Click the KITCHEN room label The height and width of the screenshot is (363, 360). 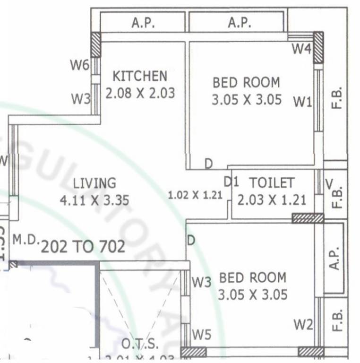click(x=139, y=76)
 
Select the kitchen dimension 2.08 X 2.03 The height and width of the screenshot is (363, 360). click(x=140, y=93)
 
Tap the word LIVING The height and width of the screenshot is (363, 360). click(x=94, y=183)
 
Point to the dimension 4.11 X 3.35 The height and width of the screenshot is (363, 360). click(x=94, y=200)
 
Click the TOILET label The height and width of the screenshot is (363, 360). click(x=272, y=183)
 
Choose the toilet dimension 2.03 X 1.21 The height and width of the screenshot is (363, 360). click(x=272, y=200)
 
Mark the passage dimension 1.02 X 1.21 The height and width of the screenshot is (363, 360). click(x=196, y=195)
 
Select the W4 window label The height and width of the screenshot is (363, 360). click(x=300, y=48)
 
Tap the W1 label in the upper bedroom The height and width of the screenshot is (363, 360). click(x=302, y=101)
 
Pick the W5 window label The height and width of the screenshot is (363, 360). click(x=202, y=335)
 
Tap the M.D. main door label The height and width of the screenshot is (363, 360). click(x=25, y=240)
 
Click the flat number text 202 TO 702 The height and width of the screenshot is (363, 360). click(x=83, y=246)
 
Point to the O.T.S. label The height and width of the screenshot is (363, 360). click(x=140, y=344)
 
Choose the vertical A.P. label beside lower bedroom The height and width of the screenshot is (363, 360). click(x=334, y=258)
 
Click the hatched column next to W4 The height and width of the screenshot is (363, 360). click(x=319, y=47)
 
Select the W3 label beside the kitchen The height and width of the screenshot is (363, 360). click(x=80, y=99)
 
